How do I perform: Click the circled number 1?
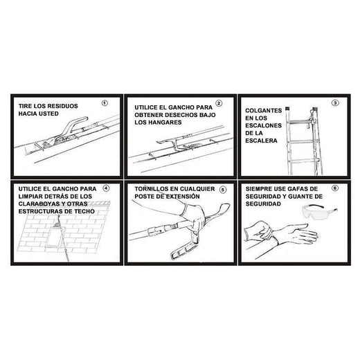pyautogui.click(x=105, y=103)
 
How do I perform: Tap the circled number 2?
pyautogui.click(x=219, y=103)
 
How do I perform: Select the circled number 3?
pyautogui.click(x=335, y=103)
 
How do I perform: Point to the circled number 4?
pyautogui.click(x=106, y=188)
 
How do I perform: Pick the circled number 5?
pyautogui.click(x=222, y=190)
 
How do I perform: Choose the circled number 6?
pyautogui.click(x=335, y=188)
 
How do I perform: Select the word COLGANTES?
pyautogui.click(x=264, y=111)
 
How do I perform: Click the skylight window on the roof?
pyautogui.click(x=55, y=235)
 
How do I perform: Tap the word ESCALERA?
pyautogui.click(x=261, y=141)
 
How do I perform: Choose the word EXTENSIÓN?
pyautogui.click(x=183, y=197)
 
